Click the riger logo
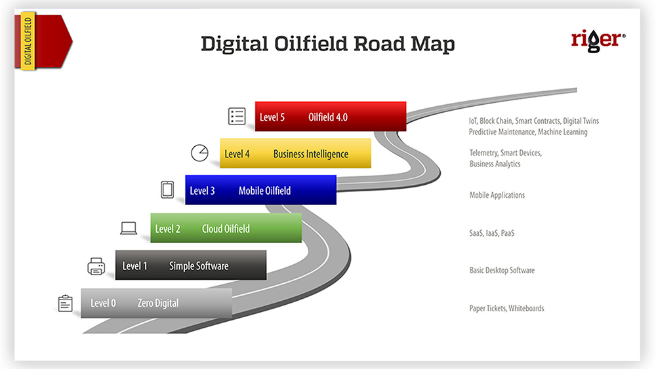tap(598, 41)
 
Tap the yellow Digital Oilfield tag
tap(28, 41)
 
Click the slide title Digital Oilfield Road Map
tap(327, 44)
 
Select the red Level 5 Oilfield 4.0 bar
tap(331, 117)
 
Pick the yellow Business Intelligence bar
tap(295, 153)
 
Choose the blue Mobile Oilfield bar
tap(260, 190)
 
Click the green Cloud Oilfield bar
tap(226, 228)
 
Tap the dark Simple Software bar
tap(191, 265)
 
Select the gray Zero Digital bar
tap(157, 303)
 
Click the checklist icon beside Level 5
tap(237, 116)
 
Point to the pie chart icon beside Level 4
tap(199, 153)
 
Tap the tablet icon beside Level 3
tap(167, 189)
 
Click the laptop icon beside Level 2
tap(129, 228)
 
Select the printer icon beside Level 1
tap(96, 266)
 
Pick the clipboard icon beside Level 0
tap(65, 303)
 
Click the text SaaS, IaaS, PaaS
tap(491, 233)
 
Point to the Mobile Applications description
tap(497, 195)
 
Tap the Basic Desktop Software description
tap(502, 271)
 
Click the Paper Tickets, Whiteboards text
tap(506, 309)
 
